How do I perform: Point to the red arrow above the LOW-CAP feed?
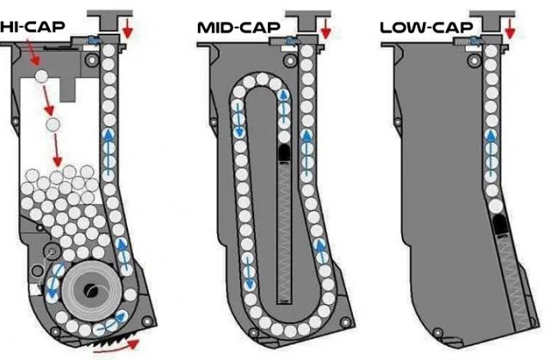tap(511, 31)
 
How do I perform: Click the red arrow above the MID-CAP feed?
tap(325, 31)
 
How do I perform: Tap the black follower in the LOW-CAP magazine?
tap(498, 227)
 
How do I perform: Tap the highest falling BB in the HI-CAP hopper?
tap(41, 78)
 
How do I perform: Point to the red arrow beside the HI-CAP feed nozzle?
tap(129, 31)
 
